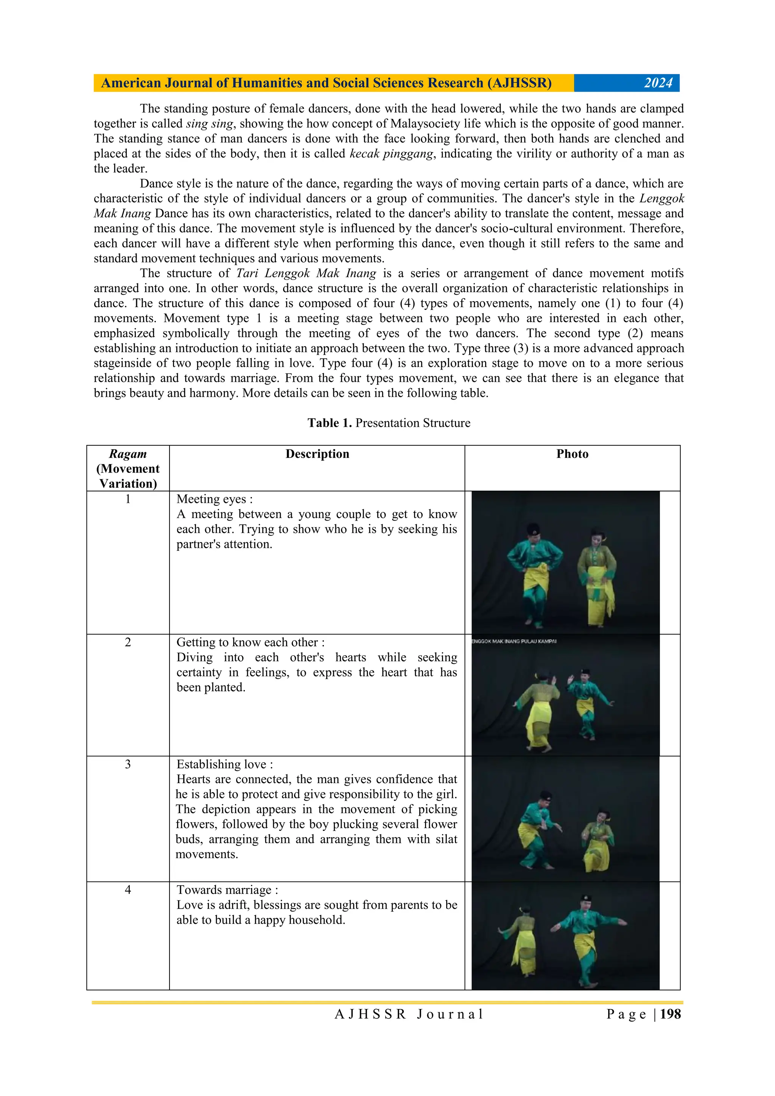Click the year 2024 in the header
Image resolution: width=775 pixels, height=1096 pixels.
tap(658, 83)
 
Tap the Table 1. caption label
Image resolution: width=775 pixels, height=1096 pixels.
tap(330, 423)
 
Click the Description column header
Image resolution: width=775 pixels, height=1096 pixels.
tap(317, 454)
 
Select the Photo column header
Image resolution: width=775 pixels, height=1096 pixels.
tap(572, 454)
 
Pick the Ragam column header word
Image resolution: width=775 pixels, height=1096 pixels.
tap(128, 454)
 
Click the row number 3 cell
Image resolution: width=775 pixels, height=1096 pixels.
tap(128, 764)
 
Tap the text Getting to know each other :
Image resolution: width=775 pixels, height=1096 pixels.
tap(250, 642)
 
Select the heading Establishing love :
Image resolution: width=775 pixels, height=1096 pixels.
tap(224, 764)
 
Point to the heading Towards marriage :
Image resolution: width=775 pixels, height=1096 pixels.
tap(227, 890)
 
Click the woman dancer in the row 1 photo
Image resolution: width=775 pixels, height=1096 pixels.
tap(597, 578)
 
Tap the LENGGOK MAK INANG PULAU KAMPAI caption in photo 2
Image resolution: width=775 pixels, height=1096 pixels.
tap(514, 641)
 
